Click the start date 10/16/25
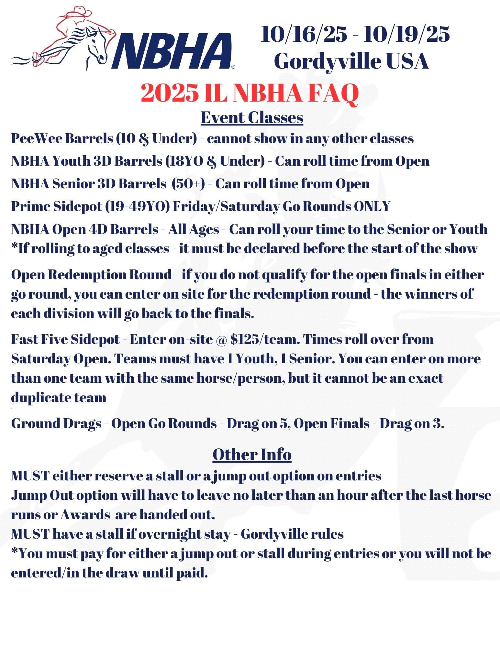click(x=304, y=34)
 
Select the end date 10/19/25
click(x=406, y=34)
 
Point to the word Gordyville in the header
click(x=325, y=61)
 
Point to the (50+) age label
click(x=188, y=184)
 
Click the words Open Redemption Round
click(x=91, y=275)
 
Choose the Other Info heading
click(x=252, y=455)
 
